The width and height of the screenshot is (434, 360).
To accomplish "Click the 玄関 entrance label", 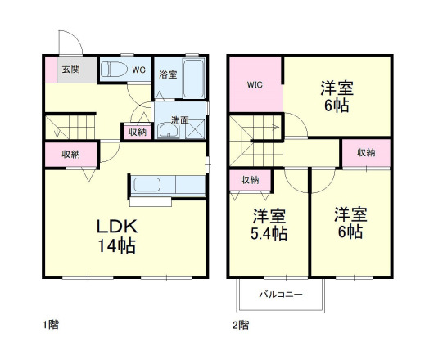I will pos(69,69).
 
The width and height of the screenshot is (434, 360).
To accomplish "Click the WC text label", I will pos(138,70).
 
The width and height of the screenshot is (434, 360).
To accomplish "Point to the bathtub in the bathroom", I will pos(192,78).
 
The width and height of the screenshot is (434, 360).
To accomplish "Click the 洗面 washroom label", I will pos(180,119).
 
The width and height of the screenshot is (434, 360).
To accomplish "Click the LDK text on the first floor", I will pos(117,226).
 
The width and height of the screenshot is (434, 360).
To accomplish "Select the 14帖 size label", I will pos(117,246).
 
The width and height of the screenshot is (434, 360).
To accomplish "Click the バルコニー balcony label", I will pos(280,293).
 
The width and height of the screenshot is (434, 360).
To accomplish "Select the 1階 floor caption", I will pos(51,324).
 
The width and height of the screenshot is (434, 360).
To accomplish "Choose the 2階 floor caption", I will pos(241,324).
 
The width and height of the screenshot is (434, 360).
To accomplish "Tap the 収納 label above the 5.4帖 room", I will pos(250,180).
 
